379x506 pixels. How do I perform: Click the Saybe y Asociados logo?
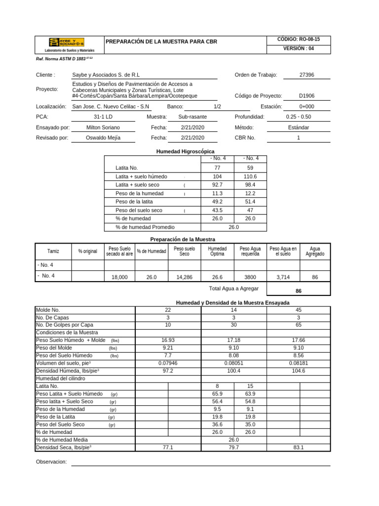tap(66, 42)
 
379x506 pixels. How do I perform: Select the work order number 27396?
tap(306, 75)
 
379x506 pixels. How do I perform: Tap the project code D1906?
tap(306, 96)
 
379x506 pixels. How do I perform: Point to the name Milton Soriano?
tap(103, 127)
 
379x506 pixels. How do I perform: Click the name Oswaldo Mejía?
tap(103, 138)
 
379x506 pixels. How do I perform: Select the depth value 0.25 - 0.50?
tap(298, 117)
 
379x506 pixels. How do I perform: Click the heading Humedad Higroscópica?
tap(185, 151)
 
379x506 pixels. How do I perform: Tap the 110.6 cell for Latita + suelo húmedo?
tap(250, 176)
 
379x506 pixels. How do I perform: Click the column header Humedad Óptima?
tap(217, 251)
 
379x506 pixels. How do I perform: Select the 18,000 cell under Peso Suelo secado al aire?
tap(119, 278)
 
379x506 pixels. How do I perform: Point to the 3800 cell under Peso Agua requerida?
tap(250, 278)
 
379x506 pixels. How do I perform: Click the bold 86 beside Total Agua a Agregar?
tap(298, 291)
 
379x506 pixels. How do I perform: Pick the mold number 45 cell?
tap(298, 310)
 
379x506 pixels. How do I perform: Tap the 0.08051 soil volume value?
tap(233, 363)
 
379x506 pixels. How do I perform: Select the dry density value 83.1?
tap(298, 447)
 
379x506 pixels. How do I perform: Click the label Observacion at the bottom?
tap(51, 462)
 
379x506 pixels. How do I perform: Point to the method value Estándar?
tap(298, 127)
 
